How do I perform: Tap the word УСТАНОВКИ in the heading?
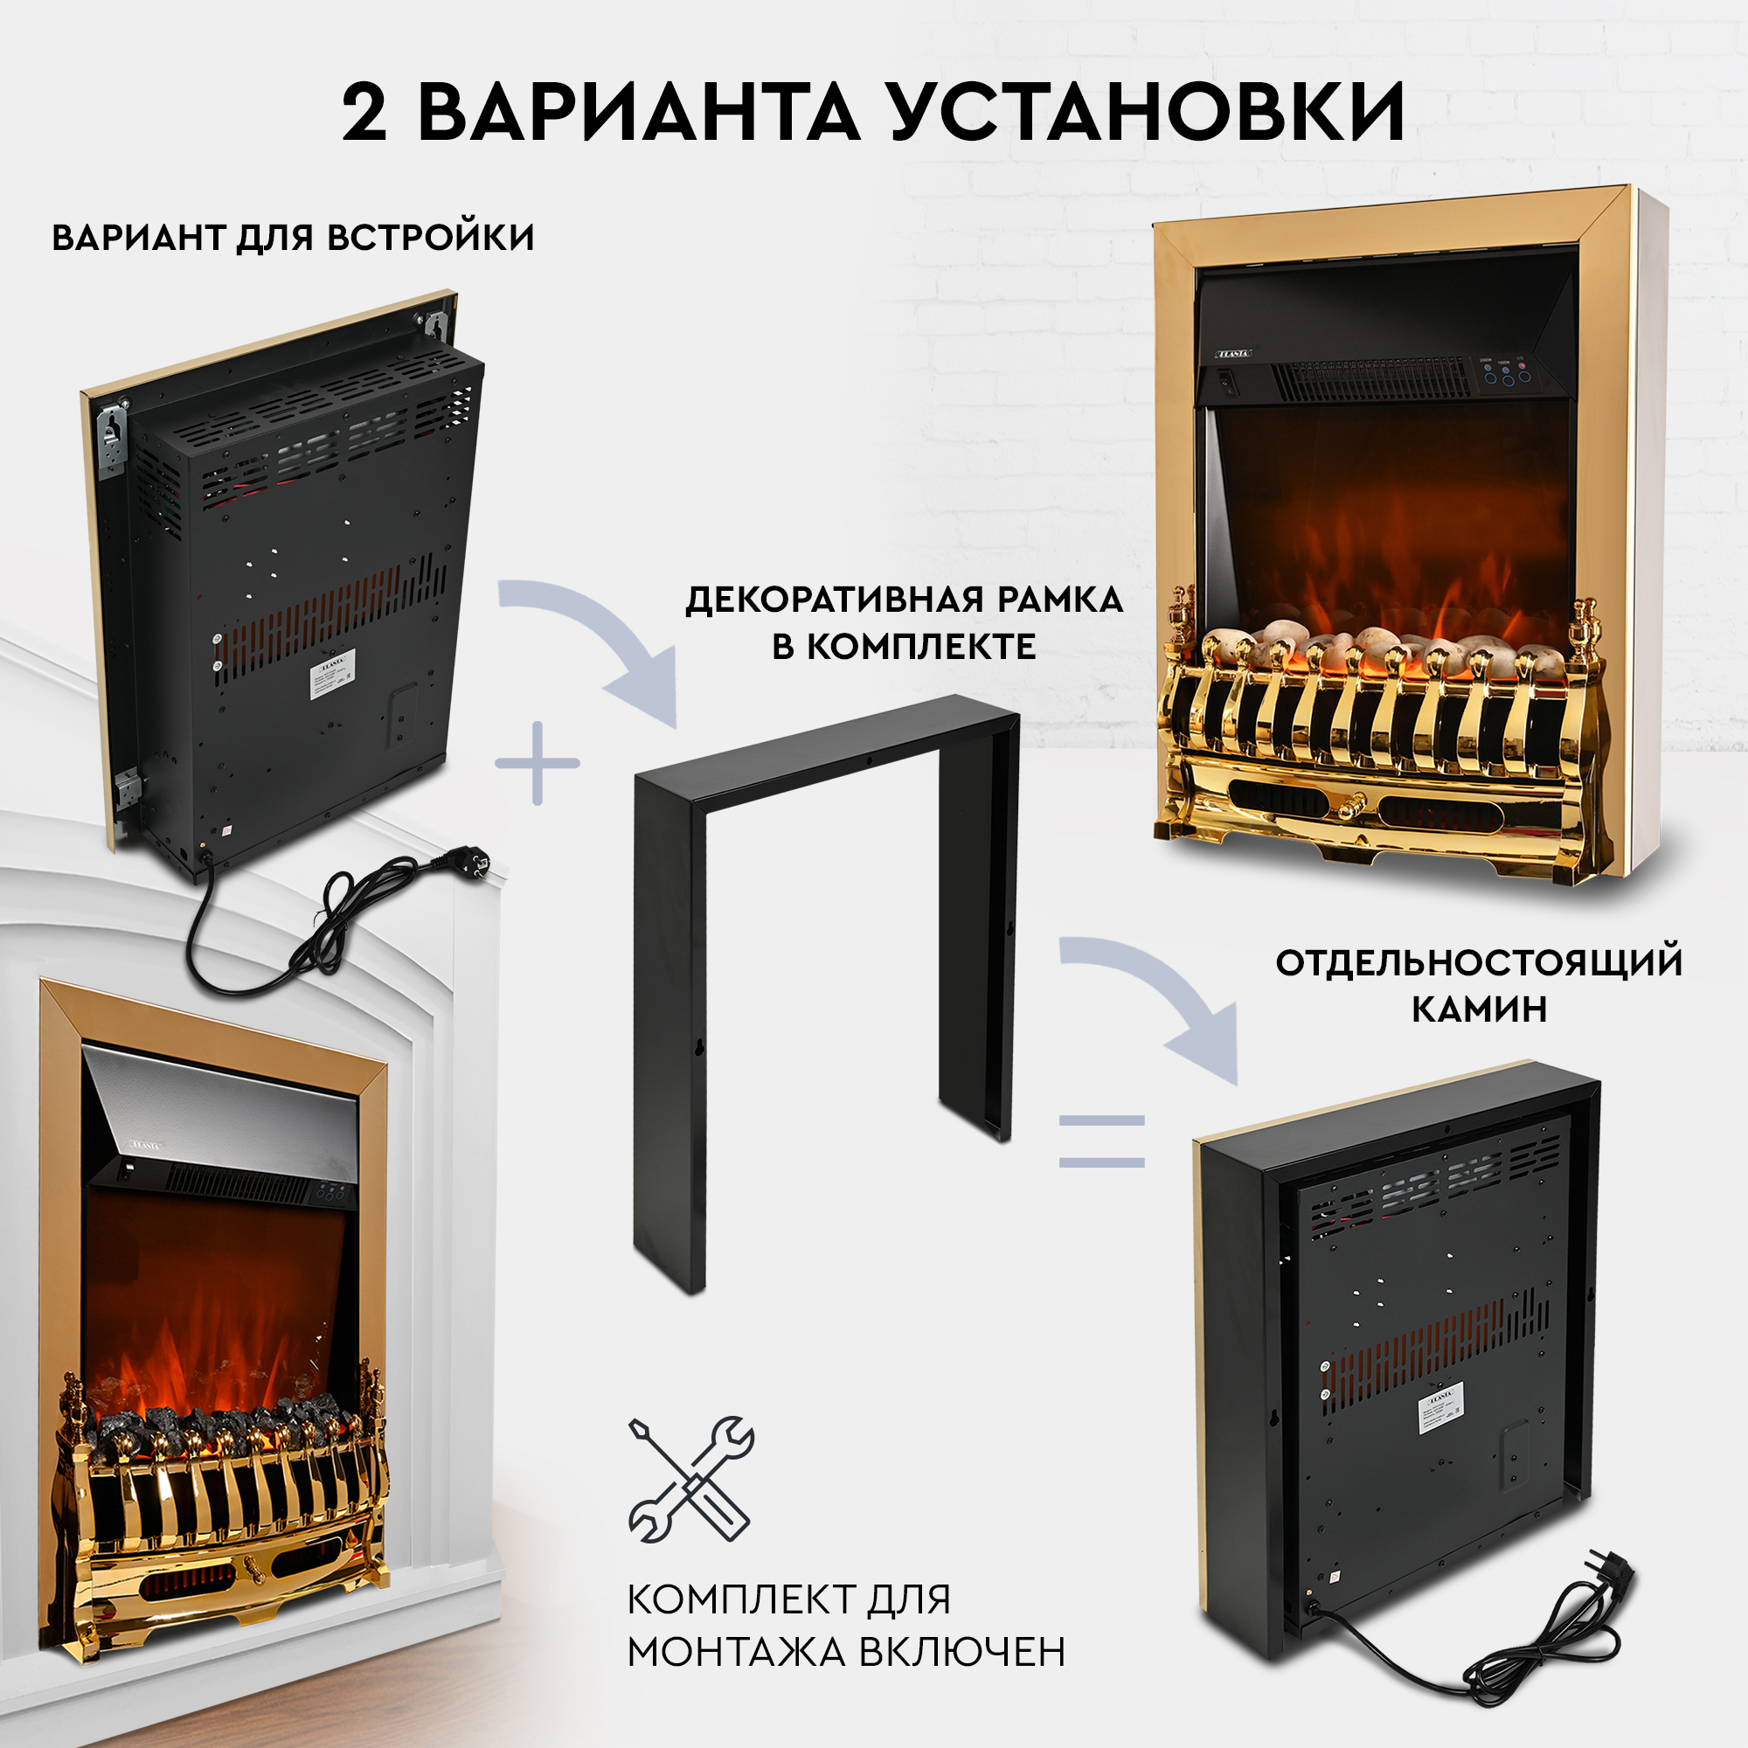click(1148, 113)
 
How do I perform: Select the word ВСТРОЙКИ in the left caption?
click(431, 238)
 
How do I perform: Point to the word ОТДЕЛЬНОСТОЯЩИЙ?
click(1479, 961)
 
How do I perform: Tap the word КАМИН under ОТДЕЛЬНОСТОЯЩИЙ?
click(1480, 1008)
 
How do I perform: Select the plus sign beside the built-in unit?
click(538, 763)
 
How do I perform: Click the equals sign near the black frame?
click(1102, 1141)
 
